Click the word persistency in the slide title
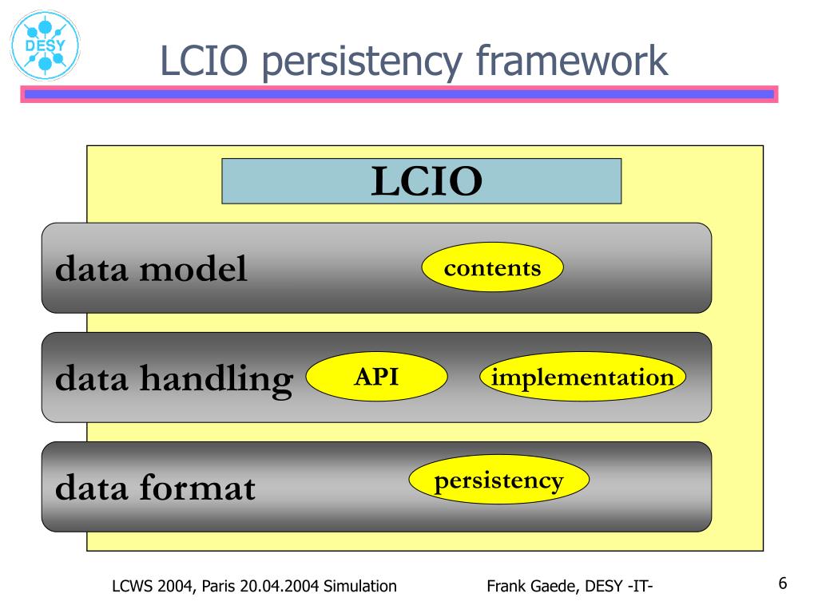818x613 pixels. pyautogui.click(x=362, y=62)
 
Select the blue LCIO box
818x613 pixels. pyautogui.click(x=421, y=181)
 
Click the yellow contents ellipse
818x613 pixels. pyautogui.click(x=492, y=268)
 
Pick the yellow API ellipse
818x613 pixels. pyautogui.click(x=376, y=377)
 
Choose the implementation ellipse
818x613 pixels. pyautogui.click(x=582, y=377)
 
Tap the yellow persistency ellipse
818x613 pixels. pyautogui.click(x=498, y=481)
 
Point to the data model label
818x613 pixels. pyautogui.click(x=151, y=270)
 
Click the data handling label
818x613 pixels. pyautogui.click(x=174, y=378)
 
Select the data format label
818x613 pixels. pyautogui.click(x=155, y=487)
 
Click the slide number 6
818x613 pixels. pyautogui.click(x=783, y=583)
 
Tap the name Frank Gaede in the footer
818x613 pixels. pyautogui.click(x=531, y=587)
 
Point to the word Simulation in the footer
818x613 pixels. pyautogui.click(x=359, y=587)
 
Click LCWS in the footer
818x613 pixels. pyautogui.click(x=131, y=587)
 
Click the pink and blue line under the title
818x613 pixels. pyautogui.click(x=399, y=94)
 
